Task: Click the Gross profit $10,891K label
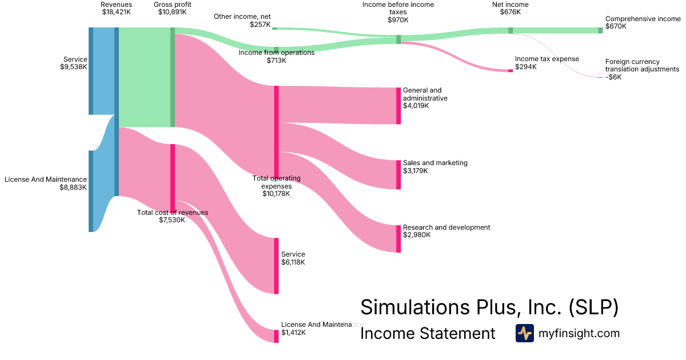pos(172,9)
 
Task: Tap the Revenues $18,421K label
pos(116,9)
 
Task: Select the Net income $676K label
pos(510,9)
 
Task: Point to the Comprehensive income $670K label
pos(643,22)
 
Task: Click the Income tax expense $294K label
pos(547,63)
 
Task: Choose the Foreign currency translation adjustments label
pos(642,69)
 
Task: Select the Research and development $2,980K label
pos(446,231)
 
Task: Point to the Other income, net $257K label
pos(242,21)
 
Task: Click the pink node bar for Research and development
pos(398,238)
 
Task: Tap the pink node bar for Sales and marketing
pos(398,174)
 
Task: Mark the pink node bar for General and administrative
pos(398,106)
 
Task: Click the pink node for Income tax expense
pos(510,71)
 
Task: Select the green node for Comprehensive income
pos(600,30)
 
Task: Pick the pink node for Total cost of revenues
pos(173,177)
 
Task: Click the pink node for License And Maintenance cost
pos(276,336)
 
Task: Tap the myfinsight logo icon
pos(524,333)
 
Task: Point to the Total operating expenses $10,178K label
pos(276,186)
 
